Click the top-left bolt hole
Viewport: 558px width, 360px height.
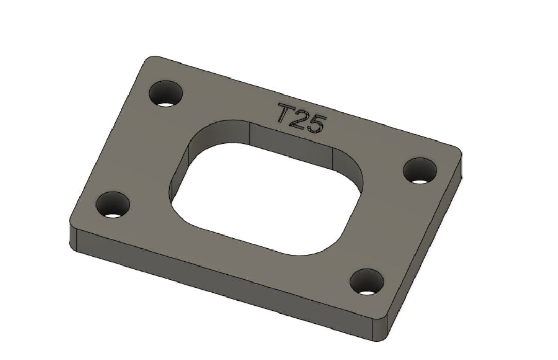point(166,93)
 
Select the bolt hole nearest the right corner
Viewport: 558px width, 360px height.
point(420,170)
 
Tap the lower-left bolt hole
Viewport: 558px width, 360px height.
point(113,204)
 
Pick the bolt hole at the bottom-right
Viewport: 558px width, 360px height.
point(366,281)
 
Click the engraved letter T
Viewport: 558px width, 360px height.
point(286,113)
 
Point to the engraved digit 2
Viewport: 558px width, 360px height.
point(299,120)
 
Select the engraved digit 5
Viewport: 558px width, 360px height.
point(316,124)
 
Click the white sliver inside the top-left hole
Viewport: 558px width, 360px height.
point(165,104)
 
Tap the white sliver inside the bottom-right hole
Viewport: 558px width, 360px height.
point(366,293)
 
